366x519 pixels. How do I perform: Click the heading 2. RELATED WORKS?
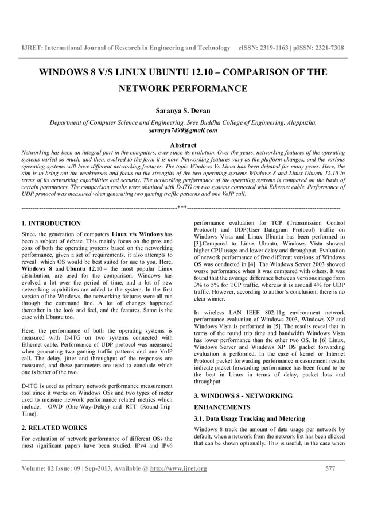pos(54,428)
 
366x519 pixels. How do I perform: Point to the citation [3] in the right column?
pos(197,244)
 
